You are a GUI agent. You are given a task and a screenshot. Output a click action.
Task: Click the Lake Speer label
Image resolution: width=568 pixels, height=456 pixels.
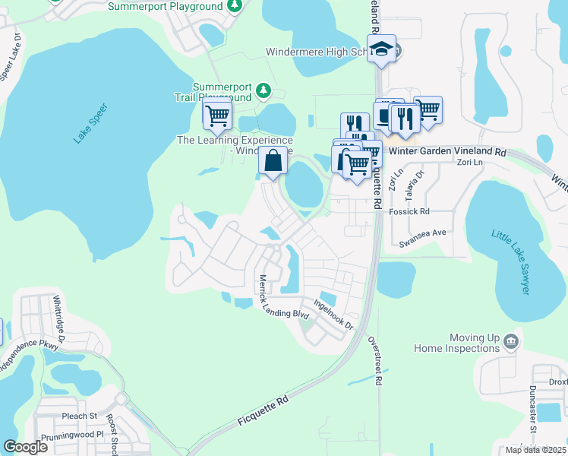pyautogui.click(x=91, y=123)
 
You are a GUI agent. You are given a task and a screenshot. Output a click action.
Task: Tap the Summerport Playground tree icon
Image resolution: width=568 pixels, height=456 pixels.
pyautogui.click(x=235, y=6)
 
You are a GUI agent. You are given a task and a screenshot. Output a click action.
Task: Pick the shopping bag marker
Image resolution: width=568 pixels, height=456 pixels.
pyautogui.click(x=273, y=160)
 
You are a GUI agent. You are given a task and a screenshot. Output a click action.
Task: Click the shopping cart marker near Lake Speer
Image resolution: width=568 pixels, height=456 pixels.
pyautogui.click(x=217, y=116)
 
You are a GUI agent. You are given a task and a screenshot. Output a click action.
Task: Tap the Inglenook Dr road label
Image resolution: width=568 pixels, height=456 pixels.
pyautogui.click(x=333, y=315)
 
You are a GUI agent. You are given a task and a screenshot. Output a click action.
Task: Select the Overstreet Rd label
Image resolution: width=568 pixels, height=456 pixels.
pyautogui.click(x=374, y=360)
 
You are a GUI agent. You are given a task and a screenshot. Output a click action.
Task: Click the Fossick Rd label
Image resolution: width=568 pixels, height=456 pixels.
pyautogui.click(x=409, y=211)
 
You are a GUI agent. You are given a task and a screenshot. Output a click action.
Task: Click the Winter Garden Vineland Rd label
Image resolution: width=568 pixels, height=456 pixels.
pyautogui.click(x=447, y=151)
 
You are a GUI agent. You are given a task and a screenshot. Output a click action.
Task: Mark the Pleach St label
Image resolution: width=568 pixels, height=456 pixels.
pyautogui.click(x=80, y=416)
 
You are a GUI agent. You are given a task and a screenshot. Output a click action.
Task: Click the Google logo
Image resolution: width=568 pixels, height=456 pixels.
pyautogui.click(x=26, y=446)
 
